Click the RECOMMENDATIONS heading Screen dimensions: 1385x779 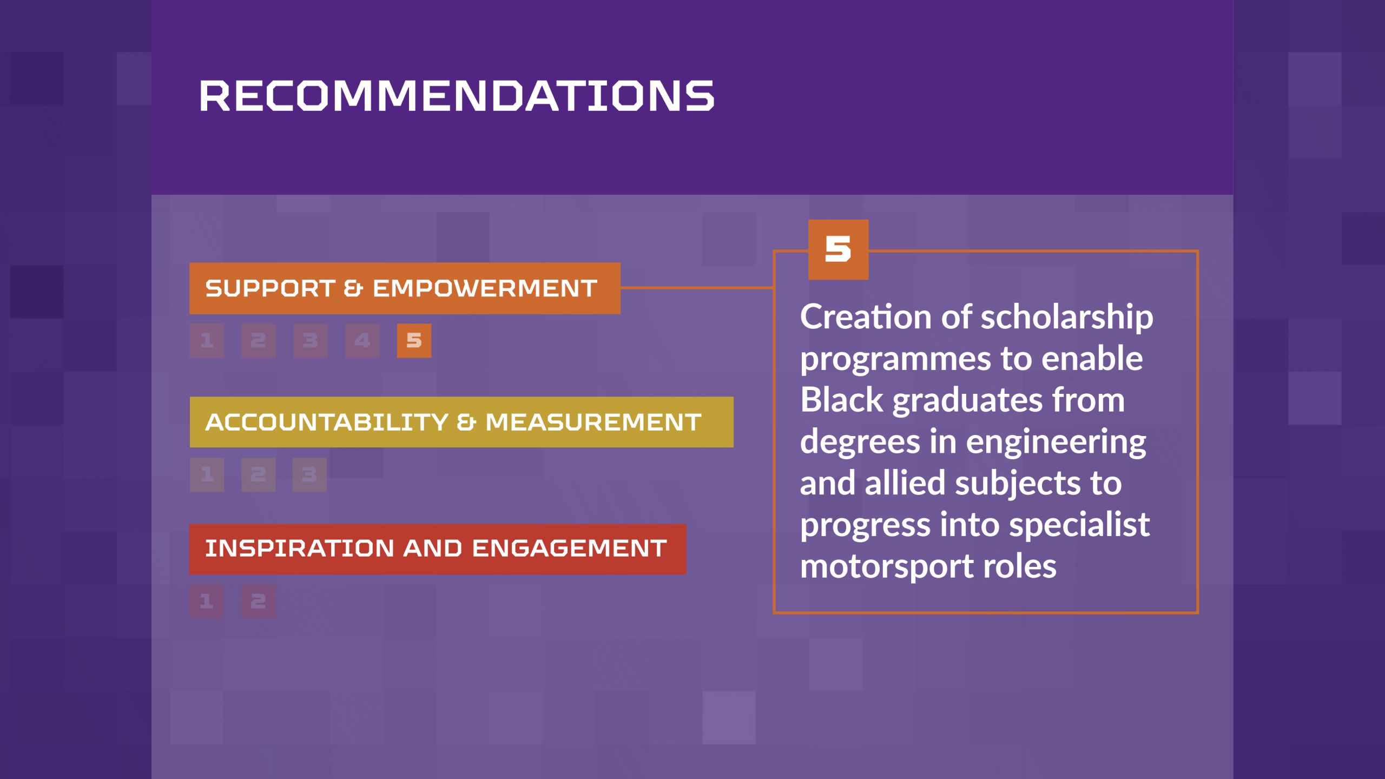coord(457,96)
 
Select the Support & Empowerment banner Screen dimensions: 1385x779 coord(405,288)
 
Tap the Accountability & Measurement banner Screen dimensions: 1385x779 coord(461,422)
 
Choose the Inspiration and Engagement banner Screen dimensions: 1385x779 coord(438,549)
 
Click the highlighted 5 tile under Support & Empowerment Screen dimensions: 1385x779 coord(414,341)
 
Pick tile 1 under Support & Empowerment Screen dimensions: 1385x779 coord(207,341)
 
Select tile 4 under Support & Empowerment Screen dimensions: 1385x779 coord(362,341)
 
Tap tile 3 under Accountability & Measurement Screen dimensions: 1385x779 coord(309,474)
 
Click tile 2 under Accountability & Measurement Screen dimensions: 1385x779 coord(258,474)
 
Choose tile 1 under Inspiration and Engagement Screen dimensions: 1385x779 coord(206,601)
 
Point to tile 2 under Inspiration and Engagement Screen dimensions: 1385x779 coord(258,601)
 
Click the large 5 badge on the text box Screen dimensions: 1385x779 coord(838,249)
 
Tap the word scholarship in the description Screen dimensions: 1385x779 coord(1067,318)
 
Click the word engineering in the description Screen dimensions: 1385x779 coord(1056,443)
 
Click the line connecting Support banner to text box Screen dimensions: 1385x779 coord(697,288)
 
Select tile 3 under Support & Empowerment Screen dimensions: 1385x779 coord(310,341)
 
